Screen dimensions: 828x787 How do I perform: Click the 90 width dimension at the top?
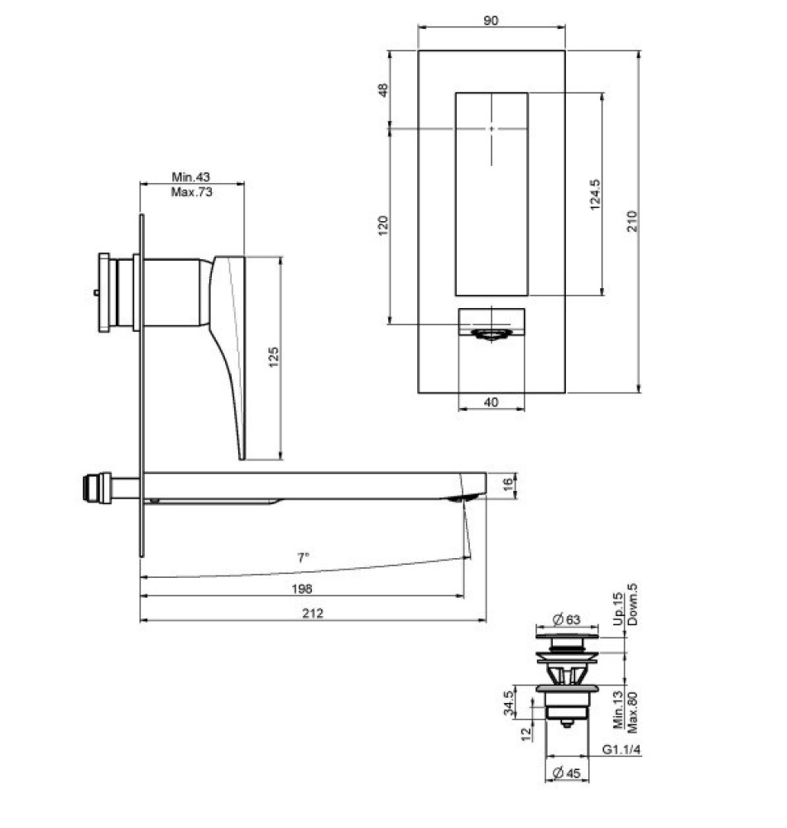492,20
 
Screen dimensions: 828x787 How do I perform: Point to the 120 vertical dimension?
382,225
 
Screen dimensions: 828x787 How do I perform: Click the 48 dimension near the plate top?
382,89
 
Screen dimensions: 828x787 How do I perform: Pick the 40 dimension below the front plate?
491,402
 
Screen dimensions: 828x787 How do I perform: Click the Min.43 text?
191,176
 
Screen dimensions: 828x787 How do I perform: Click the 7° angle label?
303,557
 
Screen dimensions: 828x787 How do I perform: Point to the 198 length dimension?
302,588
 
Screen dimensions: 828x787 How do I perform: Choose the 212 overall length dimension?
312,613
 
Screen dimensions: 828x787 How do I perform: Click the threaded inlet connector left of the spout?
96,486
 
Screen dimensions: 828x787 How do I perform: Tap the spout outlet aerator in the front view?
492,334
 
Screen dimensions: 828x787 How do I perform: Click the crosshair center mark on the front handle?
492,128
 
